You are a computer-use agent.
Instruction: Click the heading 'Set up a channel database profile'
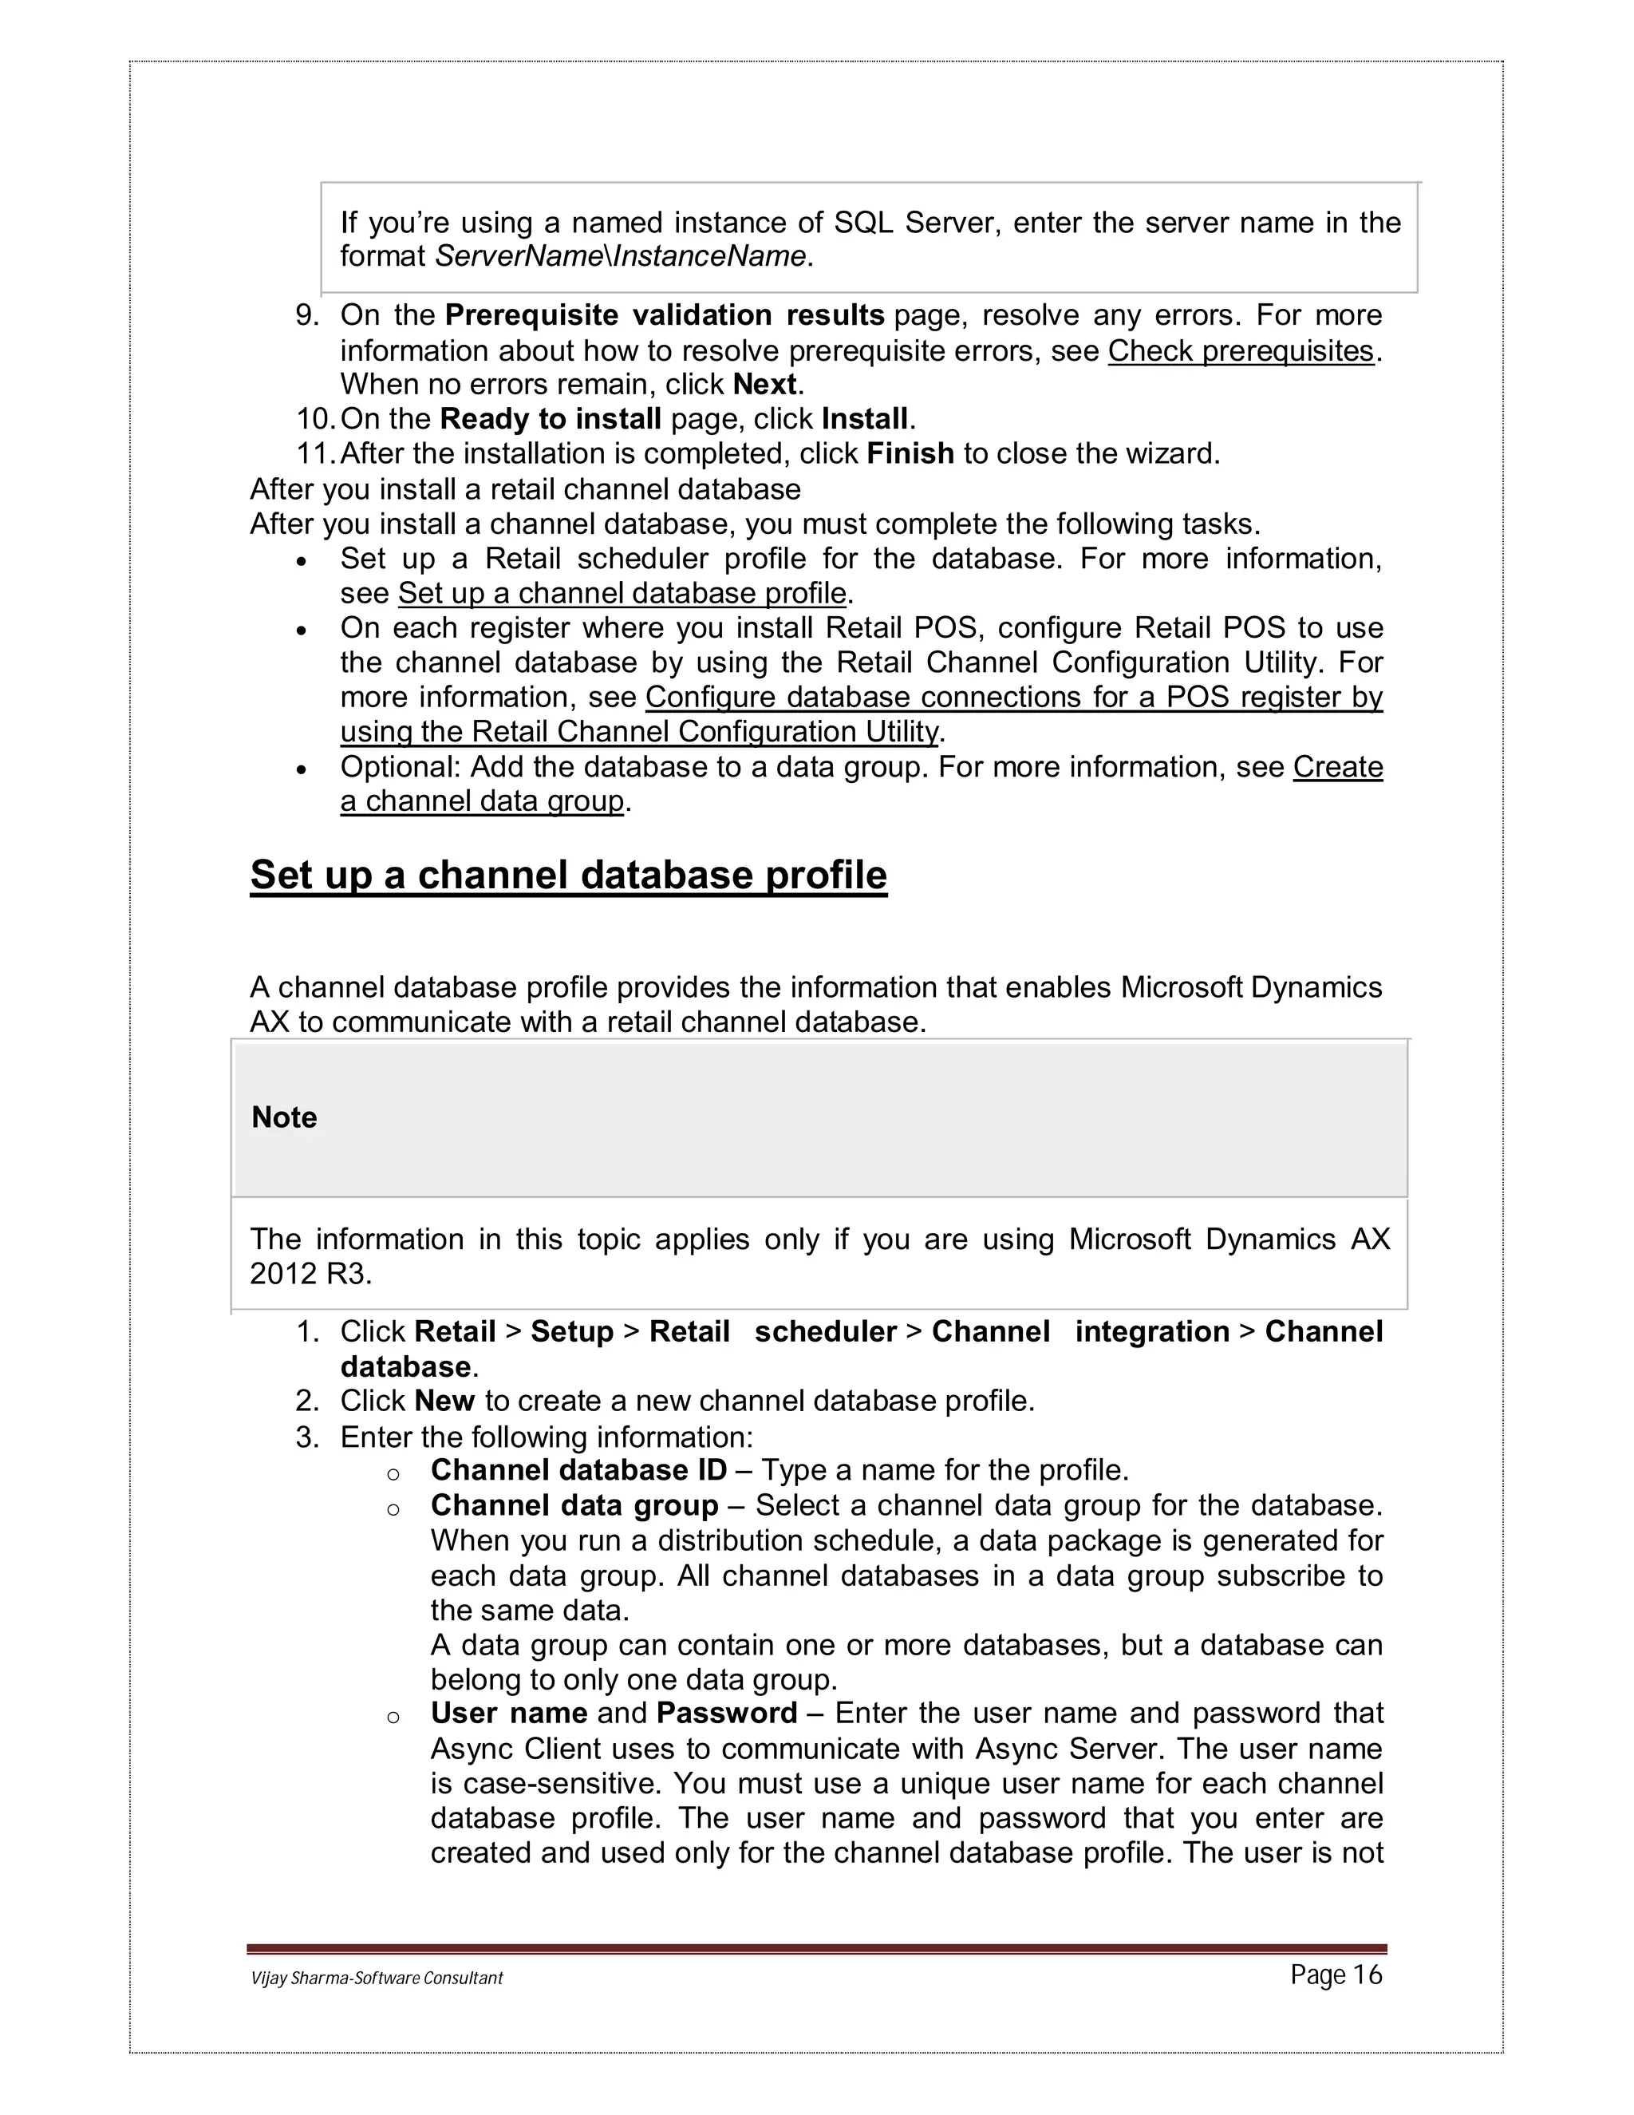pyautogui.click(x=568, y=875)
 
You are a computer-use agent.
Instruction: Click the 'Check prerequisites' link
pyautogui.click(x=1240, y=350)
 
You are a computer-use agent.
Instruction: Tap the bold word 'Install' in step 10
pyautogui.click(x=864, y=419)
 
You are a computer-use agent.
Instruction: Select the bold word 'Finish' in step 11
pyautogui.click(x=910, y=453)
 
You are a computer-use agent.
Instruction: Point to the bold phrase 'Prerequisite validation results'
pyautogui.click(x=664, y=316)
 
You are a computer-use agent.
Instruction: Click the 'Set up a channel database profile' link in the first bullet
pyautogui.click(x=622, y=593)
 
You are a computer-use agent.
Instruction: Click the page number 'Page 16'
pyautogui.click(x=1336, y=1975)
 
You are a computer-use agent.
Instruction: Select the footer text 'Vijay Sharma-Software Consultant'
pyautogui.click(x=377, y=1979)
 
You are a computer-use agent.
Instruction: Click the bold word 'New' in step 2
pyautogui.click(x=444, y=1401)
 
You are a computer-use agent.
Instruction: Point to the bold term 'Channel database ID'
pyautogui.click(x=578, y=1470)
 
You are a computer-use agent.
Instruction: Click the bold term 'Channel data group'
pyautogui.click(x=574, y=1506)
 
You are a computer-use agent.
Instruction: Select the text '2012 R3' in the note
pyautogui.click(x=310, y=1275)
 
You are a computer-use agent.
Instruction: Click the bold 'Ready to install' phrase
pyautogui.click(x=550, y=419)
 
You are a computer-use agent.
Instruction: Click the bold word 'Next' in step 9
pyautogui.click(x=764, y=385)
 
